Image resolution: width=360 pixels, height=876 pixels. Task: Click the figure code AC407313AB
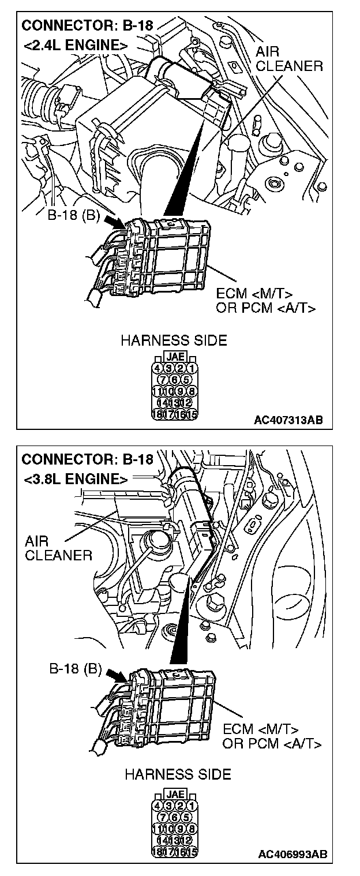click(x=288, y=420)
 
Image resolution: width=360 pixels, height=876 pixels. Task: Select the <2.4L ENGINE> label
click(x=74, y=44)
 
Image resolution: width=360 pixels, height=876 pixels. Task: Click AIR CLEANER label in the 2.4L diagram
click(x=289, y=59)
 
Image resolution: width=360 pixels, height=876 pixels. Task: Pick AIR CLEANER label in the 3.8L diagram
click(x=58, y=548)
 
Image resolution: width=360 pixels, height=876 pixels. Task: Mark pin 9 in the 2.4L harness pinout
click(x=180, y=391)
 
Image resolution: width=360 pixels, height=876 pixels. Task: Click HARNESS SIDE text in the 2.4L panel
click(x=173, y=341)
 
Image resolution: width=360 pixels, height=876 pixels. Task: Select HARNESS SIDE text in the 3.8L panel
click(x=178, y=774)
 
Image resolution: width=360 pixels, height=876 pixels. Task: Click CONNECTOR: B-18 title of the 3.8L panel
click(x=87, y=460)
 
